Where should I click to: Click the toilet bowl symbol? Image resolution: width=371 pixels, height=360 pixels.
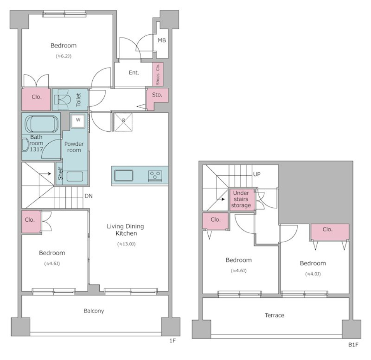(62, 100)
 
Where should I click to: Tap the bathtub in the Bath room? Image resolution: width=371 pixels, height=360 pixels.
(41, 124)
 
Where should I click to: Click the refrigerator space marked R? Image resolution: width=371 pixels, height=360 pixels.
(123, 122)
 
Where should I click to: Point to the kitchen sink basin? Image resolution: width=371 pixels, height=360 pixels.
(124, 175)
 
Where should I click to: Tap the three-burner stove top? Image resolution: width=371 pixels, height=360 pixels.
(155, 176)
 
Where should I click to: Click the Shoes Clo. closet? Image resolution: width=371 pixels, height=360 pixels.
(158, 74)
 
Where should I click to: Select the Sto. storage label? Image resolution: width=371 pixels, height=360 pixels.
(157, 95)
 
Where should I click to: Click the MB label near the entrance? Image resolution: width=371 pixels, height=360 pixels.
(162, 41)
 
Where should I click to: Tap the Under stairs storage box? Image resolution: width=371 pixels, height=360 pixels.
(241, 199)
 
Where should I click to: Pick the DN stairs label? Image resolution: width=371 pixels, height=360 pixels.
(88, 196)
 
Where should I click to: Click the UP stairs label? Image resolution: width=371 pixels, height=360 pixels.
(257, 174)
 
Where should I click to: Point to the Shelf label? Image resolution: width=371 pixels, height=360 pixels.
(60, 173)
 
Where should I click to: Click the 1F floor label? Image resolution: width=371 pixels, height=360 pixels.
(172, 341)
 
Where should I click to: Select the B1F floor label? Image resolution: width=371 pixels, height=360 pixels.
(353, 345)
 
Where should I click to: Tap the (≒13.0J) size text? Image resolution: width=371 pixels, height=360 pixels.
(126, 244)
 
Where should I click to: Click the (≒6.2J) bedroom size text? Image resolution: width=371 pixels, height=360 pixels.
(64, 56)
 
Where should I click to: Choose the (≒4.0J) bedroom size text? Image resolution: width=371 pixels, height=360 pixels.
(313, 274)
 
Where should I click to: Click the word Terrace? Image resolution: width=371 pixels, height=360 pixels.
(274, 315)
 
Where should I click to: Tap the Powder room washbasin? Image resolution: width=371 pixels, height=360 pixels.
(75, 177)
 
